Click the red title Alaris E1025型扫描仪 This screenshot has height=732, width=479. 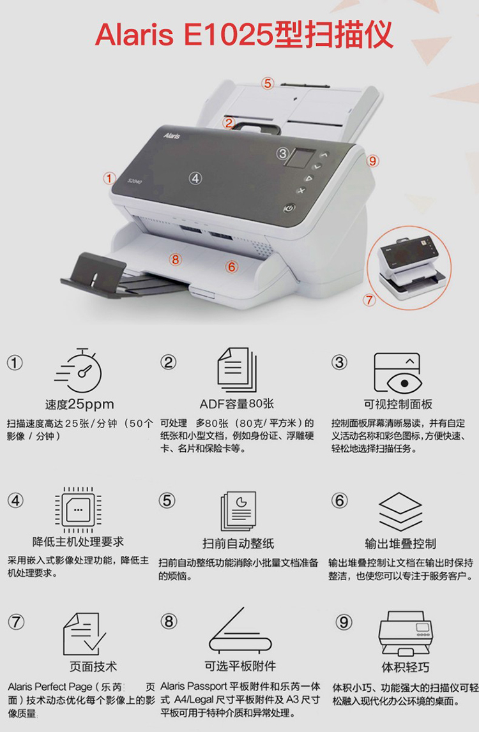244,35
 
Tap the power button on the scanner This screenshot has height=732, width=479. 289,208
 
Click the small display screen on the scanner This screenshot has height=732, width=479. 300,158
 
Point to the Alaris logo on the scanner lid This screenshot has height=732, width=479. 172,135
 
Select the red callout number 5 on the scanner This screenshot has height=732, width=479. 268,84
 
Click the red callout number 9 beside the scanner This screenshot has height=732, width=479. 372,161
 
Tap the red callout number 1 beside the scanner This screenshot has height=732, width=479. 109,178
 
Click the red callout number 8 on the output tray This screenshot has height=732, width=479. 175,259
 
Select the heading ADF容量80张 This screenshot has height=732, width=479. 237,404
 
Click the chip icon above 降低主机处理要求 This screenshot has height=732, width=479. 78,509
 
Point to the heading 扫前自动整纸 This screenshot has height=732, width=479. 238,543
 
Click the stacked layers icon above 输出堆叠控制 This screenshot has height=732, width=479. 400,511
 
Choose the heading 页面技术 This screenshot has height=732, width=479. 93,667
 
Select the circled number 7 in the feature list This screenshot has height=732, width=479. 16,622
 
